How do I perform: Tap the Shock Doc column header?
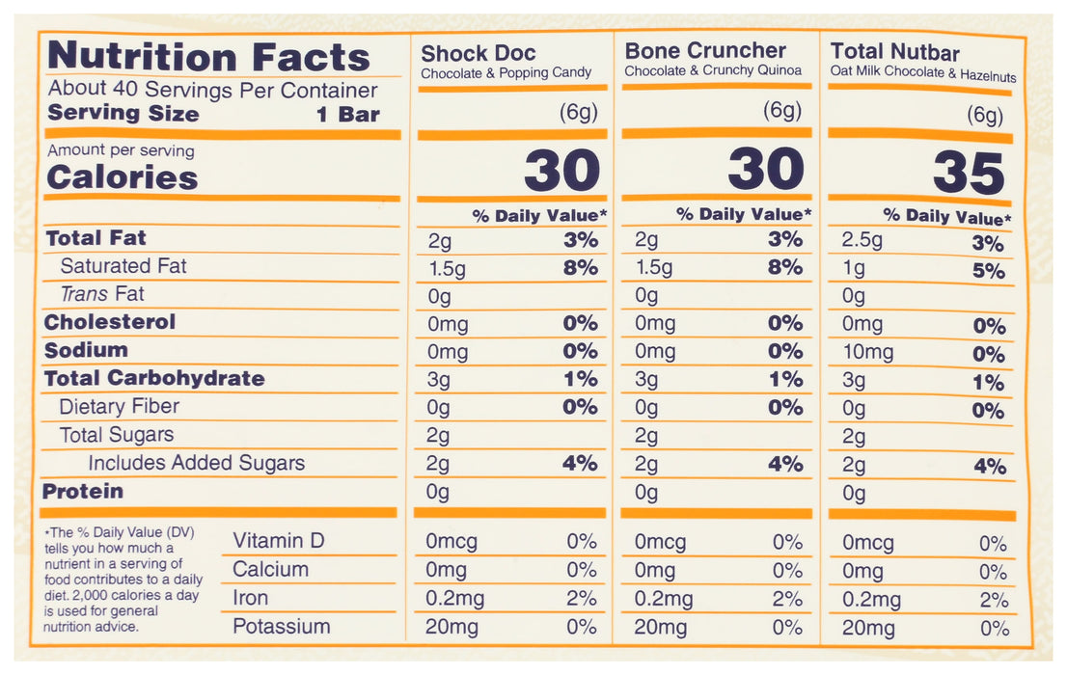(x=479, y=53)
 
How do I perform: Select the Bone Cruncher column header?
(x=705, y=51)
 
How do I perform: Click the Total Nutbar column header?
(x=894, y=52)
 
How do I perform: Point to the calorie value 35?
(x=968, y=175)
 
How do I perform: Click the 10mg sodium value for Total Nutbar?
(x=867, y=353)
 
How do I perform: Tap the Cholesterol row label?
(x=110, y=322)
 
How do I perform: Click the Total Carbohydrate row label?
(x=154, y=378)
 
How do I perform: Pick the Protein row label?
(x=83, y=492)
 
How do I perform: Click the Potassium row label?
(x=281, y=627)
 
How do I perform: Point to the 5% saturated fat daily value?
(x=989, y=272)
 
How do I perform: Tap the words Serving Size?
(x=123, y=114)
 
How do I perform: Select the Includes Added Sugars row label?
(x=196, y=463)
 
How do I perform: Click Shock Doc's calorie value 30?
(x=561, y=172)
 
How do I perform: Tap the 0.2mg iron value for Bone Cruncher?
(x=663, y=600)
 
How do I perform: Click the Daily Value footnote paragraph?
(x=123, y=580)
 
